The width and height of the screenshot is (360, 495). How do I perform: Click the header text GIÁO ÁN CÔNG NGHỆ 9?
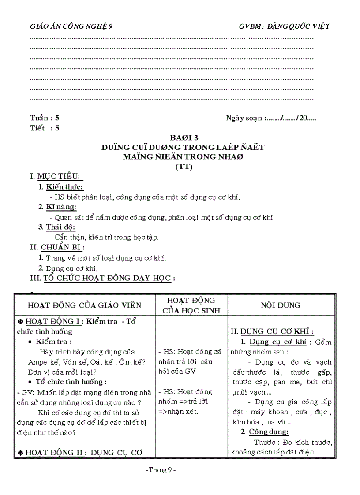pyautogui.click(x=71, y=26)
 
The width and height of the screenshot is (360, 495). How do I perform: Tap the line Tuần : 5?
pyautogui.click(x=45, y=118)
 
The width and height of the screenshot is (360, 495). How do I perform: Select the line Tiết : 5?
pyautogui.click(x=45, y=129)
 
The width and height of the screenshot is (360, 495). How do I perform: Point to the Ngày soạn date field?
pyautogui.click(x=271, y=118)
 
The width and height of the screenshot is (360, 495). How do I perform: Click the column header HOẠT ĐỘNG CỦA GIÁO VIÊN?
pyautogui.click(x=84, y=305)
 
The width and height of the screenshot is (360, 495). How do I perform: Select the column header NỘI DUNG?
pyautogui.click(x=280, y=305)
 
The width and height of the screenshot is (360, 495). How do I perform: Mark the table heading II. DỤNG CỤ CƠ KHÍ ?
pyautogui.click(x=278, y=332)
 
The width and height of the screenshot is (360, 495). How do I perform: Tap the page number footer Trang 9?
pyautogui.click(x=161, y=470)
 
